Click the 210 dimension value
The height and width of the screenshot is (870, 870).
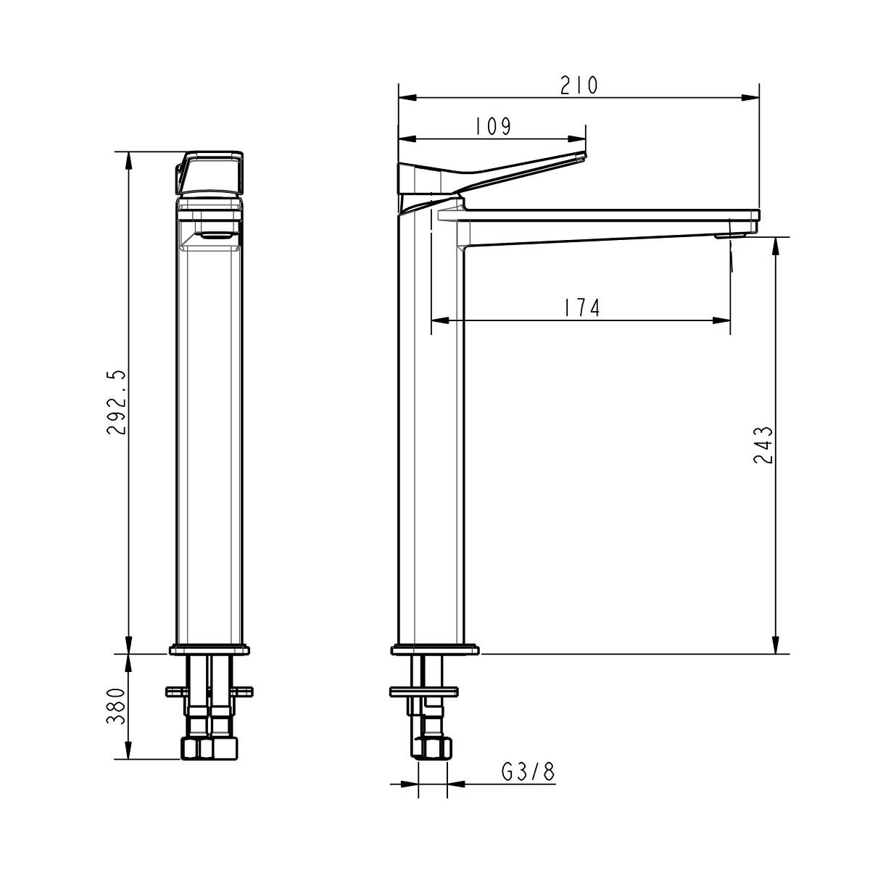[x=579, y=85]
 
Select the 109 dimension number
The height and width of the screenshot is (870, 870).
[x=494, y=126]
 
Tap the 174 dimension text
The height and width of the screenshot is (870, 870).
[x=581, y=308]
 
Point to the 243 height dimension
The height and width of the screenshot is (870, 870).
[x=763, y=444]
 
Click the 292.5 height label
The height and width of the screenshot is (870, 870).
[x=117, y=402]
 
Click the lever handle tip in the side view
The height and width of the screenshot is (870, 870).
[x=584, y=156]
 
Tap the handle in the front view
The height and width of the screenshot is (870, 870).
[x=209, y=173]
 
